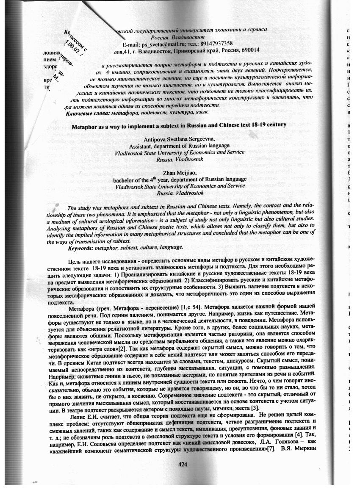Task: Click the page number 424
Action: pos(183,464)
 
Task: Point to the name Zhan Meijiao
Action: pos(180,173)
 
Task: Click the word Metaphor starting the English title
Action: pos(86,126)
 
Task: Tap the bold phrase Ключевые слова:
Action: pos(87,113)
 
